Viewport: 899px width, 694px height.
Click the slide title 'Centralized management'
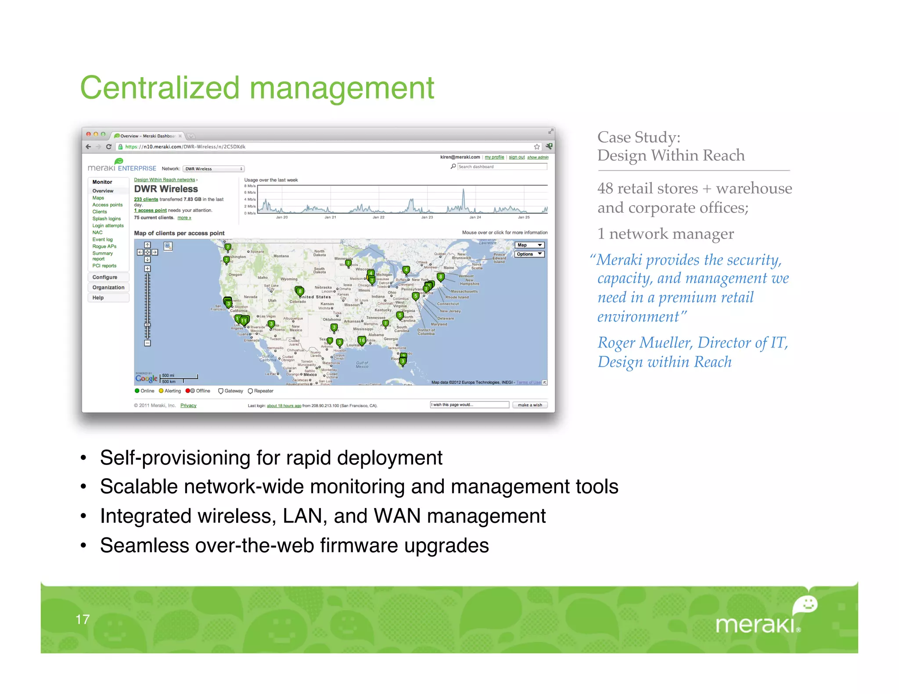(x=257, y=88)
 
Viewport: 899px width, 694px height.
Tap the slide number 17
(x=83, y=619)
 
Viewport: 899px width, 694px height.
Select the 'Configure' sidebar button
(x=105, y=277)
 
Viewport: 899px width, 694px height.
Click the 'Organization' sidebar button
(x=108, y=287)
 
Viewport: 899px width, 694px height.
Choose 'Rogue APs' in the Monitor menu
(x=104, y=247)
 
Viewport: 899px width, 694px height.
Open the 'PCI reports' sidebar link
(x=104, y=266)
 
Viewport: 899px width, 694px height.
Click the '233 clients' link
(x=146, y=200)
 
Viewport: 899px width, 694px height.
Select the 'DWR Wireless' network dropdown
(x=213, y=169)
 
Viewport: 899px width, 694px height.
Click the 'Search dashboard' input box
(x=502, y=167)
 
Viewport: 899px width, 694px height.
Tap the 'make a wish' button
(x=530, y=405)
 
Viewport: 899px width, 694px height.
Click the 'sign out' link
(x=517, y=157)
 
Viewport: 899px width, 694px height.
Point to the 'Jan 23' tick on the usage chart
(x=427, y=217)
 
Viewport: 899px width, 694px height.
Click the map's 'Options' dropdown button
(x=529, y=254)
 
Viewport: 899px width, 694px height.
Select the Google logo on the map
(x=146, y=378)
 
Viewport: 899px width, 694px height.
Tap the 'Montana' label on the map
(x=281, y=256)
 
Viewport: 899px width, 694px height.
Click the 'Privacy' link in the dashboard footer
(x=188, y=405)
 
